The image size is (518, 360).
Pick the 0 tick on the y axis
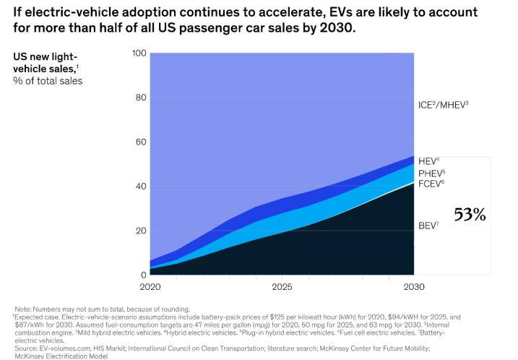pos(142,275)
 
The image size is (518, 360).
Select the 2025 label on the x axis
pos(282,286)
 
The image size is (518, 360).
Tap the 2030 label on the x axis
pos(413,286)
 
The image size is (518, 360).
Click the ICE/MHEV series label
pos(444,106)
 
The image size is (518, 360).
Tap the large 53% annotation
pos(470,215)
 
